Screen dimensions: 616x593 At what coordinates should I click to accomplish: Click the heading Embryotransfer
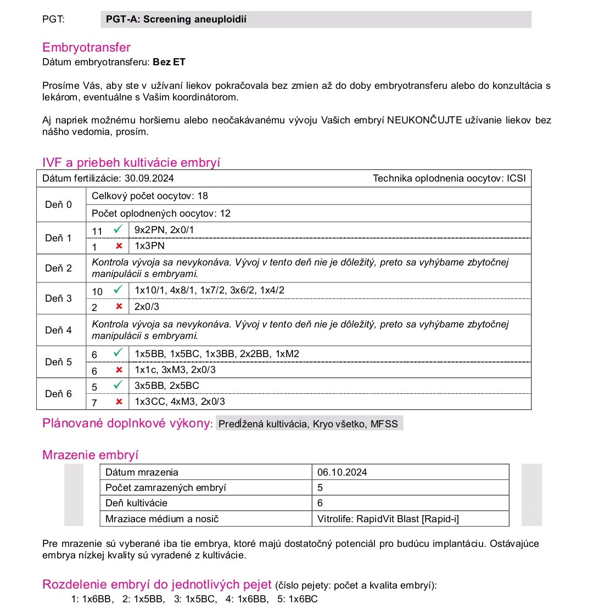[86, 48]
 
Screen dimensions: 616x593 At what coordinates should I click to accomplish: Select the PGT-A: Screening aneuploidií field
[316, 19]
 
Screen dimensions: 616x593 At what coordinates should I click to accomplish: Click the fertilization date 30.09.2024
[149, 178]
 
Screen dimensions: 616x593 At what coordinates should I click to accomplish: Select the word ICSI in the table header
[517, 178]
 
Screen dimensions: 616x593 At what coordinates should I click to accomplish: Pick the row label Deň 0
[58, 205]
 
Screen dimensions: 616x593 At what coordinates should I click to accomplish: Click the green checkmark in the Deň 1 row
[117, 230]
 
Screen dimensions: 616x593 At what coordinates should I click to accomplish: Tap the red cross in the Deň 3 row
[118, 307]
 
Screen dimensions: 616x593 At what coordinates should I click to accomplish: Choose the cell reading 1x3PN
[149, 246]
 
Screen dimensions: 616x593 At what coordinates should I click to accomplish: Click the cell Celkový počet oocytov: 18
[150, 196]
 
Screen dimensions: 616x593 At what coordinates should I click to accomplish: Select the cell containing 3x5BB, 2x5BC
[166, 386]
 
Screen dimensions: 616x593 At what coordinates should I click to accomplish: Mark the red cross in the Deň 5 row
[118, 370]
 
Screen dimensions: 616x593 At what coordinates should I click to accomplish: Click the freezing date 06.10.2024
[342, 472]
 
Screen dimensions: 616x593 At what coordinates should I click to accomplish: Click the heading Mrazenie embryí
[90, 455]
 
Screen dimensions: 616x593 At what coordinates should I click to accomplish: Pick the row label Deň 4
[58, 330]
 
